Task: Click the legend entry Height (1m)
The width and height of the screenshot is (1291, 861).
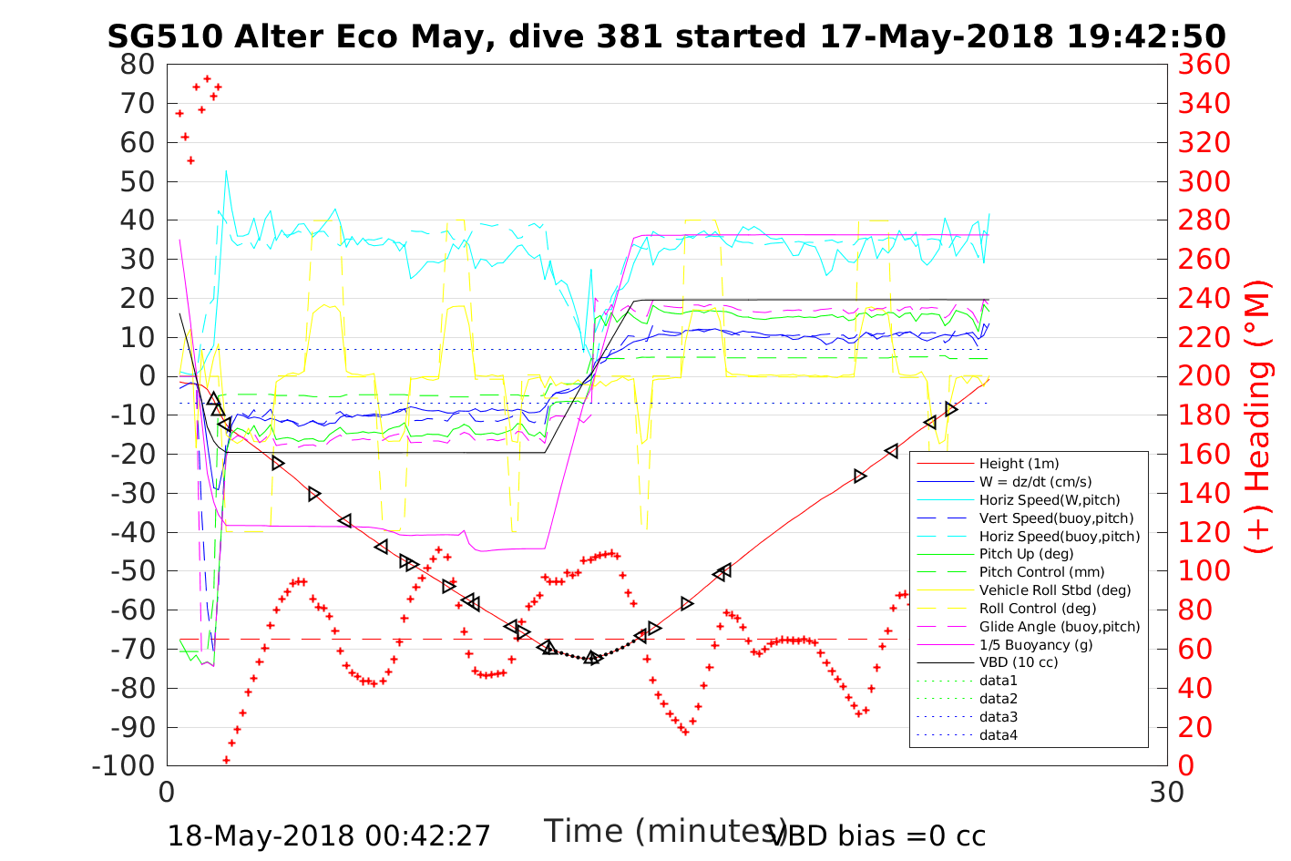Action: tap(1019, 464)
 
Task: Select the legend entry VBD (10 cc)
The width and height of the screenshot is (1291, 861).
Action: tap(1019, 662)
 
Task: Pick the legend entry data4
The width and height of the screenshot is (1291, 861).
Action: tap(998, 734)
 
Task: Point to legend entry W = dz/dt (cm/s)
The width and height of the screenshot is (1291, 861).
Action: tap(1035, 482)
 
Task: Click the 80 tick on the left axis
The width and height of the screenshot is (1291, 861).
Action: tap(137, 65)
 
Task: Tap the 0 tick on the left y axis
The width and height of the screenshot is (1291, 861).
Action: tap(147, 376)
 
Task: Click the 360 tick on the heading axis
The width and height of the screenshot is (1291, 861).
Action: tap(1204, 65)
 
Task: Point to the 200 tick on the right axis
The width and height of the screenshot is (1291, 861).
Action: tap(1204, 376)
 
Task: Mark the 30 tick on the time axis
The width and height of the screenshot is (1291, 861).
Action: tap(1167, 792)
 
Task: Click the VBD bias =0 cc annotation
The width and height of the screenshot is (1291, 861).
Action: tap(877, 835)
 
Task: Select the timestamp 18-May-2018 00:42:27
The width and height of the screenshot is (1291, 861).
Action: tap(329, 835)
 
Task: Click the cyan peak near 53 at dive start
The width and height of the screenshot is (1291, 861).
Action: tap(226, 170)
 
